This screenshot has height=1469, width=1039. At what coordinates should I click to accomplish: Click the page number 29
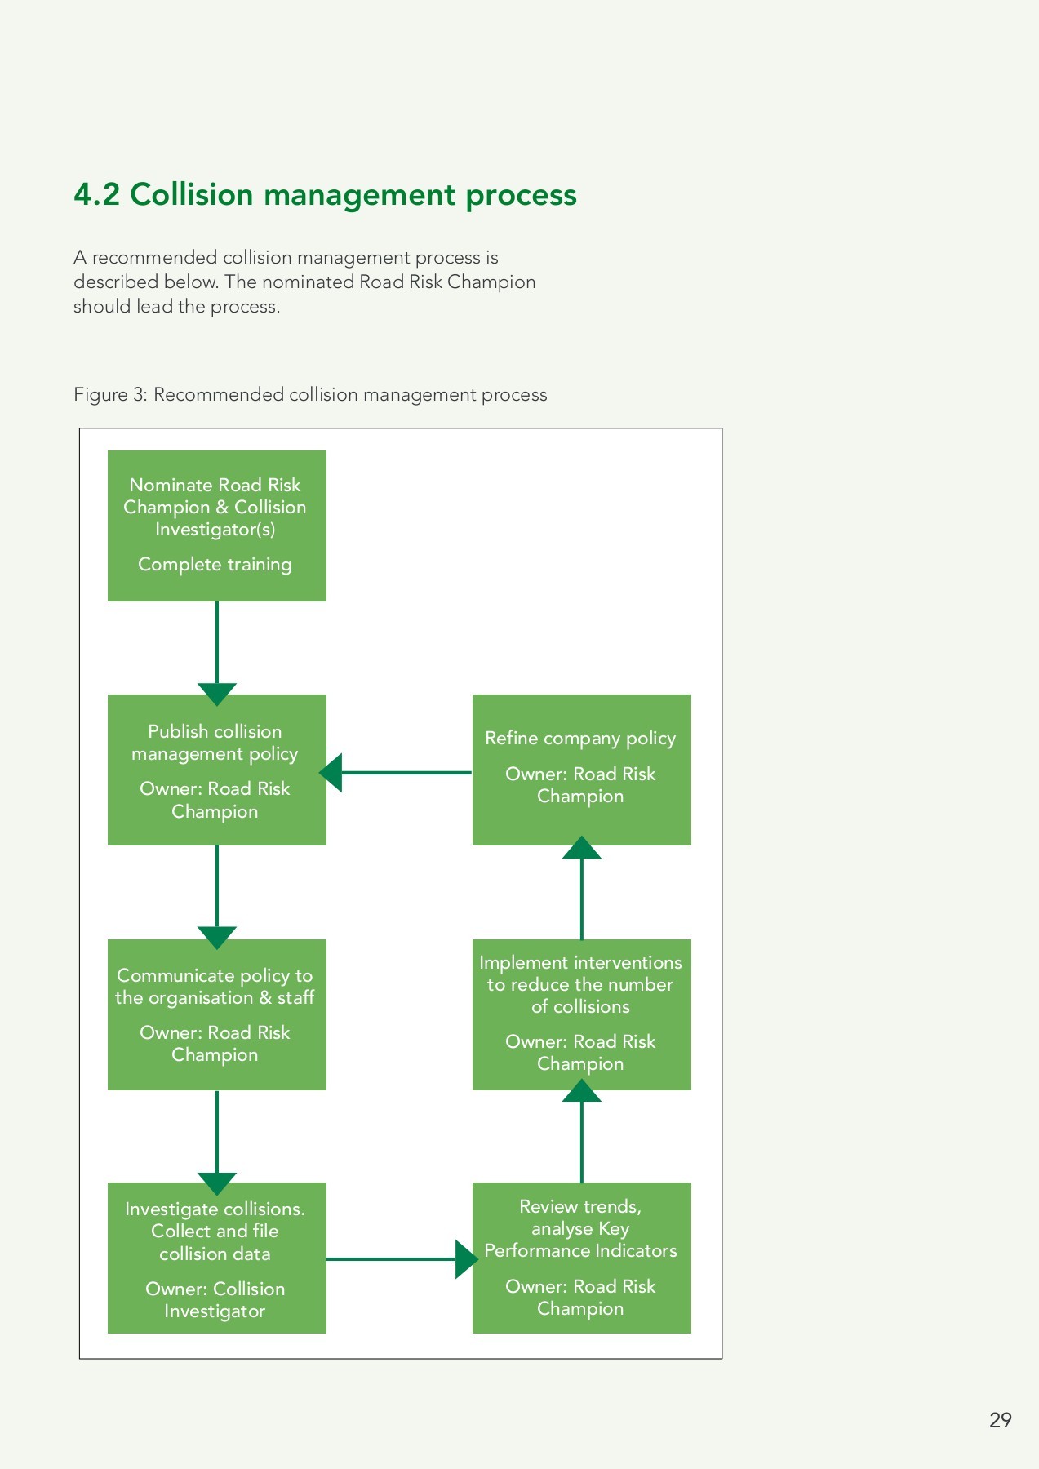(1000, 1420)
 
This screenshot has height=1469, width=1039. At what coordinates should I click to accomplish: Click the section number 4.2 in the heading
(96, 195)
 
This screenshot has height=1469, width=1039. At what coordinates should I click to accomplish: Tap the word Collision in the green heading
(192, 195)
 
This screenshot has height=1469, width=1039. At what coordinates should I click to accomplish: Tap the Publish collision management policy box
(216, 770)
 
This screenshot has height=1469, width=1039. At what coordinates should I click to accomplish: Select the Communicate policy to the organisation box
(216, 1014)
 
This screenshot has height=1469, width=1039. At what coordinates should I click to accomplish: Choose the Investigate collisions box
(216, 1258)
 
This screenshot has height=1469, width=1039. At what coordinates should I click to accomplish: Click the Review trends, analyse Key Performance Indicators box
(581, 1258)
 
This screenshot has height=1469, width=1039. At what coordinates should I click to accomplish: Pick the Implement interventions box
(581, 1014)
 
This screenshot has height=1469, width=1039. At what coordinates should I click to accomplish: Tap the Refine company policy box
(581, 770)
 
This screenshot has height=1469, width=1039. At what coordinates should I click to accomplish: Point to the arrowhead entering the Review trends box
(466, 1259)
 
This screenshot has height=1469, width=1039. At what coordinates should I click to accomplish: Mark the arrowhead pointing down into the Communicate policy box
(216, 937)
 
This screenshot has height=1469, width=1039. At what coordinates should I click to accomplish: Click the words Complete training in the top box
(215, 565)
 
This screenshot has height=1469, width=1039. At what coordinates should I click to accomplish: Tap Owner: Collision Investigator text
(215, 1300)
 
